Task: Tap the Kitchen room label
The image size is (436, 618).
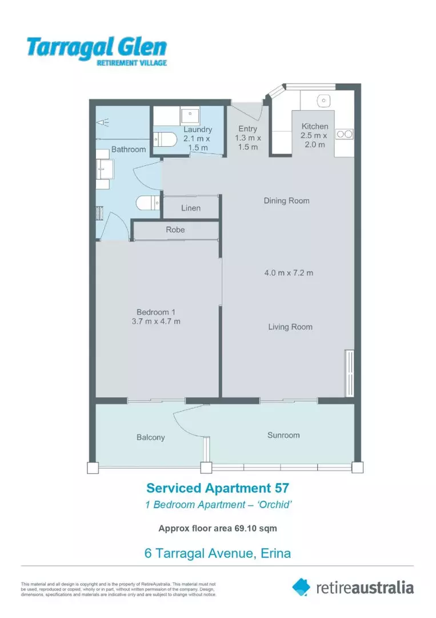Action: point(315,126)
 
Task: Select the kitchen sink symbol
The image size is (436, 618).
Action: point(323,101)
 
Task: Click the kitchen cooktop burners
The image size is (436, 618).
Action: point(345,134)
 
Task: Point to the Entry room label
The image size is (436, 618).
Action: point(247,129)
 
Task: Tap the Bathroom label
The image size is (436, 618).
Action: point(129,149)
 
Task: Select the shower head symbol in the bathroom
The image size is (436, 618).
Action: point(103,122)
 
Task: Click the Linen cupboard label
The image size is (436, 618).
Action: point(191,208)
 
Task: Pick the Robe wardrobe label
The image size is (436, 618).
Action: point(175,229)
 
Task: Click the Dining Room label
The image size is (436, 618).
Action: point(286,200)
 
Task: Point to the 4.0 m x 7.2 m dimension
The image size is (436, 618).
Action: point(289,273)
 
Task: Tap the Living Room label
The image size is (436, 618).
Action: point(290,327)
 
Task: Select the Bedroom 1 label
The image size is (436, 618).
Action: point(155,312)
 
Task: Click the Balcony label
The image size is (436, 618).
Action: point(151,437)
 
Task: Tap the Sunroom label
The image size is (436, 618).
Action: point(283,435)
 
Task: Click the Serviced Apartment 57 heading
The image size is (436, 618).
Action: point(218,488)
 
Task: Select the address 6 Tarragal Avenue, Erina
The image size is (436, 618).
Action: point(218,553)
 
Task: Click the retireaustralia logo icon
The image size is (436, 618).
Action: point(301,587)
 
